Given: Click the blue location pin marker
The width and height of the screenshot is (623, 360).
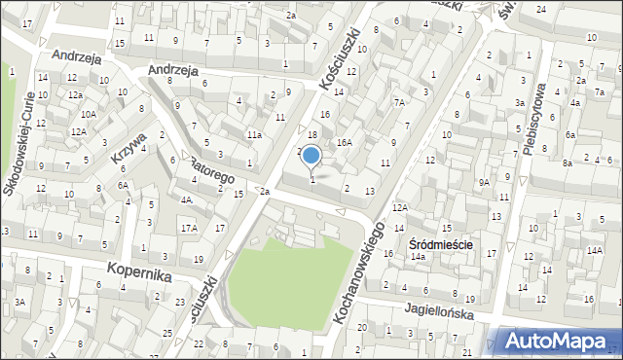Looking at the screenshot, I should coord(311,156).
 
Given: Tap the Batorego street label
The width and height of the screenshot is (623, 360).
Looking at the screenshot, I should coord(211,170).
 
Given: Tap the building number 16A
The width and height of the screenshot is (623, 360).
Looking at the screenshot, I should coord(344,142).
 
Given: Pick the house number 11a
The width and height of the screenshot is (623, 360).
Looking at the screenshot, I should coord(253,135).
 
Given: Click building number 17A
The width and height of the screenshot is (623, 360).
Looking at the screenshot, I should coord(188,228).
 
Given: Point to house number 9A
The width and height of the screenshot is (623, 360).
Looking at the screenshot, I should coord(483,182).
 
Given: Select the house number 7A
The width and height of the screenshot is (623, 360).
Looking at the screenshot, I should coord(399,102).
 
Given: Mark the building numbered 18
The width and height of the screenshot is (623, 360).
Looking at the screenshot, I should coord(312,135).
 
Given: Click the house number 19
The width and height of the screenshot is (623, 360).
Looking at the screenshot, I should coord(199,259).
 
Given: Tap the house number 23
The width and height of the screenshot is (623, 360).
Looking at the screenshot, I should coord(181,302).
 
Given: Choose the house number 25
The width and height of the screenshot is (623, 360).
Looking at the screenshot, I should coord(167,334).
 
